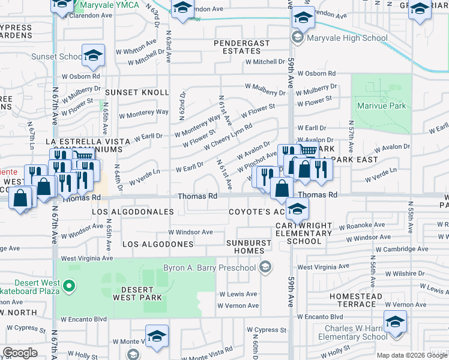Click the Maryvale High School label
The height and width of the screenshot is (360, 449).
click(347, 38)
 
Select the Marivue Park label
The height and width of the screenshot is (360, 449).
click(381, 106)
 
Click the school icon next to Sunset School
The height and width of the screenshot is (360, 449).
click(93, 56)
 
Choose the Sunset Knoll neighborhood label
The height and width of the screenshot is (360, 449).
click(137, 92)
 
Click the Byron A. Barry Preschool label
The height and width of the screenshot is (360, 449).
click(209, 268)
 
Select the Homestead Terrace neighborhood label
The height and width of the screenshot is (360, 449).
click(356, 301)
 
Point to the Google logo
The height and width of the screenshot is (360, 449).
click(20, 353)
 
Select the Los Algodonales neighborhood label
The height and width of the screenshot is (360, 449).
click(133, 212)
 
